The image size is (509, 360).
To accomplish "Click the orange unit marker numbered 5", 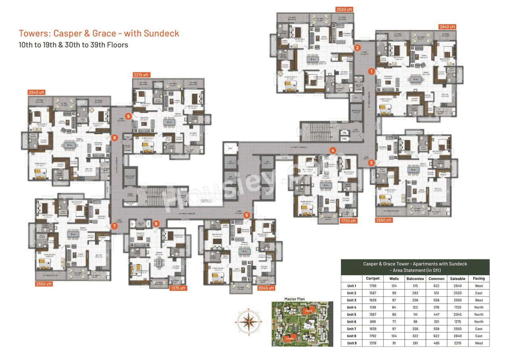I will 247,215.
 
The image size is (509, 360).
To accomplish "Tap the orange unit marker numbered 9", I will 128,116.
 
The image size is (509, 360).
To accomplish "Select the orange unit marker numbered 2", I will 357,47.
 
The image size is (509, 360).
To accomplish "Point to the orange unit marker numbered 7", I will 115,226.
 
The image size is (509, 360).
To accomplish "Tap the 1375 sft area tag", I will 178,288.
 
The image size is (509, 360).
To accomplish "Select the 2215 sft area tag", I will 142,75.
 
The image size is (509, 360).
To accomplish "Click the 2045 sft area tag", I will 266,288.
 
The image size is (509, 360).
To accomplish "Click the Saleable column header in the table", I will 458,278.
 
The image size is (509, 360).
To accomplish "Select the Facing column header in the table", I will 479,278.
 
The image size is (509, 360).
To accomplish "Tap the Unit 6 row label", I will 352,321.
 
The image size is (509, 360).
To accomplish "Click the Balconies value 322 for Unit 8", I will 414,336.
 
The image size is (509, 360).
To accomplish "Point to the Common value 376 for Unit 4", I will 436,307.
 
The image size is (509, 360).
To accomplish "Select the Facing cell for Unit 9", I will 479,343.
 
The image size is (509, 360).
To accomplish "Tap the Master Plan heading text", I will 294,299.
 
